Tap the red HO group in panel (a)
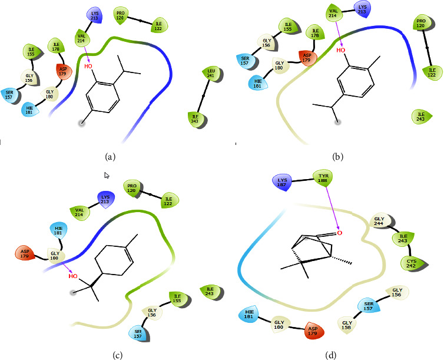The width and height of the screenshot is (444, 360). [x=88, y=66]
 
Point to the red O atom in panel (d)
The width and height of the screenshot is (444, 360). [x=340, y=233]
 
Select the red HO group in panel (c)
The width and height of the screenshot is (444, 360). [x=74, y=275]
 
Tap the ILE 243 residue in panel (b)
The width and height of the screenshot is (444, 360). [x=420, y=116]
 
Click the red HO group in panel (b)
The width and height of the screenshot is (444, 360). [x=340, y=51]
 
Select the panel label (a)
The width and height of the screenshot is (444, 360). [x=110, y=157]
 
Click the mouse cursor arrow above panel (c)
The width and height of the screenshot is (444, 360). [x=107, y=175]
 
